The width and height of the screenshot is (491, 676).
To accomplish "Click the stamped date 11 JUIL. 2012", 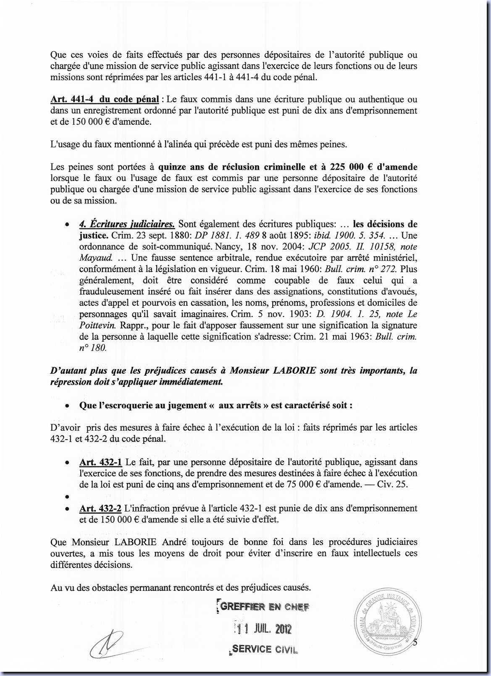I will click(x=263, y=629).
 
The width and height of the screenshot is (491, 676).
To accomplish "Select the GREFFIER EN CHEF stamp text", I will click(x=265, y=606).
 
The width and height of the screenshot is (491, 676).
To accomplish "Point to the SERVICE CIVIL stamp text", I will click(x=264, y=649).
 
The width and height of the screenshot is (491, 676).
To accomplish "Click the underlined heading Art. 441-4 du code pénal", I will click(x=105, y=100).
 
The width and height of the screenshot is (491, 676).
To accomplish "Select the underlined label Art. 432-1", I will click(x=100, y=462).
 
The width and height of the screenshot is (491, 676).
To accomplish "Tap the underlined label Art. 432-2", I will click(x=100, y=508).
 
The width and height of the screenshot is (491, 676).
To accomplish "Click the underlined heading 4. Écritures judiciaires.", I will click(x=127, y=224).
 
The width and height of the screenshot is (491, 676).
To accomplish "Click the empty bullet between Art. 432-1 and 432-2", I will click(x=67, y=497).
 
